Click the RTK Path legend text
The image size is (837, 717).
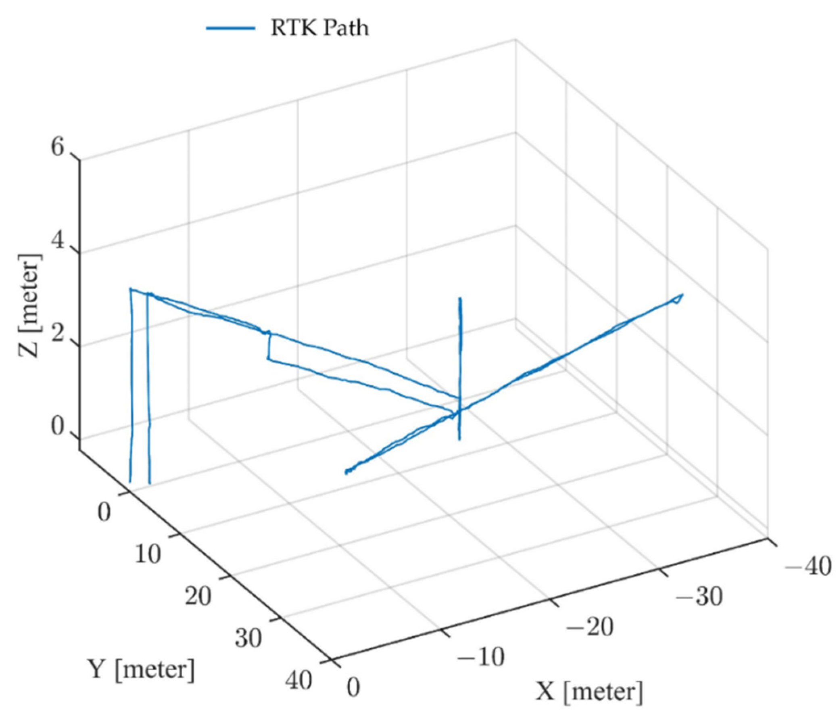pos(319,28)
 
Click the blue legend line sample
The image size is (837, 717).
pos(231,28)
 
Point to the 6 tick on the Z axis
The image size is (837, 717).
pos(57,148)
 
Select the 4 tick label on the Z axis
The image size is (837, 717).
pos(57,242)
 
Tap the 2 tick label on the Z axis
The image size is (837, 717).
pos(57,335)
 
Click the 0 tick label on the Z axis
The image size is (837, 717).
pos(57,428)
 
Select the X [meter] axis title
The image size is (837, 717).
pos(589,691)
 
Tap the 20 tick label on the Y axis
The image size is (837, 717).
pos(198,596)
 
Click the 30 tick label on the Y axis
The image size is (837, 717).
pos(248,639)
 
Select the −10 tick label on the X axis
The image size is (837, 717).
pos(481,656)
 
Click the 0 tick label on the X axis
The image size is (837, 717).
pos(353,687)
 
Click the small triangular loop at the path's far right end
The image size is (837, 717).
pos(678,299)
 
